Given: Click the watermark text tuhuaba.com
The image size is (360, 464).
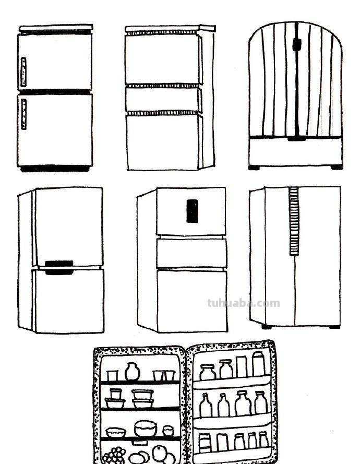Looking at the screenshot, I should (243, 303).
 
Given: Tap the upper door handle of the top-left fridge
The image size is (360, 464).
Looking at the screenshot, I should (23, 72).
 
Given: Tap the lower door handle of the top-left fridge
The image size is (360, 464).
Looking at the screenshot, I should (23, 114).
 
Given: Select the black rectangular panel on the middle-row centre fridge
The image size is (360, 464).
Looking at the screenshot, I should (192, 211).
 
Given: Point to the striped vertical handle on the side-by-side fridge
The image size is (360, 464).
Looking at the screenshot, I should (294, 221).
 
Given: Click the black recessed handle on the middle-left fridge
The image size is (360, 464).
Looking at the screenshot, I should (59, 267).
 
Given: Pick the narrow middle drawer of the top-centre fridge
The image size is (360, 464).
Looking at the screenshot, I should (163, 99).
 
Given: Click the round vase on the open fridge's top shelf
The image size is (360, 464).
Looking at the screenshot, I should (133, 372).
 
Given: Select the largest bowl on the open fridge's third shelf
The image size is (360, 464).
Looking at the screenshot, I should (145, 429).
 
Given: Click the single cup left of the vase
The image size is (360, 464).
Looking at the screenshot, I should (112, 375).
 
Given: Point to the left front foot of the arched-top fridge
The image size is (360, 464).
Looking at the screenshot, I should (254, 168).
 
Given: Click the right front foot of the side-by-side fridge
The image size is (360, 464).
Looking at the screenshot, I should (334, 327).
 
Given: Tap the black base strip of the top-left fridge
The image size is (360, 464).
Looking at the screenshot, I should (55, 169).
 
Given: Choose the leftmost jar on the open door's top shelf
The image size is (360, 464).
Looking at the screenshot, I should (208, 372).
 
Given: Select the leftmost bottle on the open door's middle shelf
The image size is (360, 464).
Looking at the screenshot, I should (206, 405).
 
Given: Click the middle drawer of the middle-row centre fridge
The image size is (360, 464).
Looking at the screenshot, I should (191, 253).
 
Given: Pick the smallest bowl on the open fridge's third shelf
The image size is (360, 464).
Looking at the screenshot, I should (168, 431).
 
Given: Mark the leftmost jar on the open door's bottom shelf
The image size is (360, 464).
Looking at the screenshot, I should (205, 443).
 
